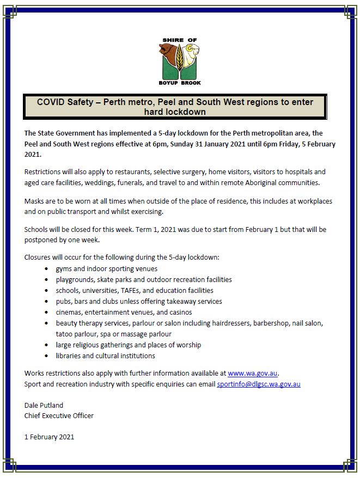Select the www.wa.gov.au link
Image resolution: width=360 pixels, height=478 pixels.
click(x=253, y=373)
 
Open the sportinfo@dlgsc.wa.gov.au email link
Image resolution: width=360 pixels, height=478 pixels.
click(x=258, y=384)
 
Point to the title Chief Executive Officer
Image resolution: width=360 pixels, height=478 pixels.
click(x=59, y=415)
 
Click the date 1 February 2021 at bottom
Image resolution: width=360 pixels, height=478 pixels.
click(x=49, y=437)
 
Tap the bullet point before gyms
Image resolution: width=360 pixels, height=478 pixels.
click(x=45, y=269)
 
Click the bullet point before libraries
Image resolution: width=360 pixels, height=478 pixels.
click(x=45, y=356)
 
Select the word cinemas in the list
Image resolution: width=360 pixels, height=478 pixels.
click(x=69, y=312)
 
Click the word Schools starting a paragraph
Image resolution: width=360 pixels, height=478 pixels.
click(x=37, y=230)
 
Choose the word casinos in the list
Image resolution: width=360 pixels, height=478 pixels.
click(x=180, y=312)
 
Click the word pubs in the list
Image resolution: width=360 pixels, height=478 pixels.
click(x=64, y=302)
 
